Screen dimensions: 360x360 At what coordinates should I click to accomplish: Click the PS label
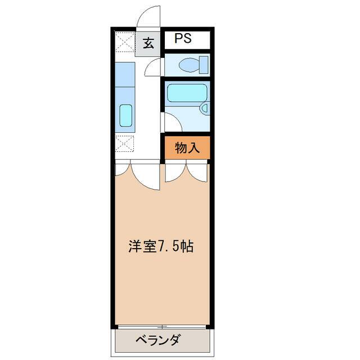click(x=183, y=38)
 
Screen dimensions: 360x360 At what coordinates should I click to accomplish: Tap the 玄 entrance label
click(x=148, y=43)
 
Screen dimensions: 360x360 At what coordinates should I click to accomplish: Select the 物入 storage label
click(x=187, y=147)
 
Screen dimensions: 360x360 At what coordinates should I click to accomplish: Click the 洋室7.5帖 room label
click(x=161, y=246)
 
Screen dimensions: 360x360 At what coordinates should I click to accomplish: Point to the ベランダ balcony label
click(x=157, y=340)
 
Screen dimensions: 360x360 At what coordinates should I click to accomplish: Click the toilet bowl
click(x=189, y=65)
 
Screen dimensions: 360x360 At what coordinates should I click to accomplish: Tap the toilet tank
click(x=204, y=65)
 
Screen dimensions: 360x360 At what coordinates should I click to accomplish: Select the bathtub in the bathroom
click(x=187, y=93)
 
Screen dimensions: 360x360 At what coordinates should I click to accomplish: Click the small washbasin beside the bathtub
click(x=204, y=108)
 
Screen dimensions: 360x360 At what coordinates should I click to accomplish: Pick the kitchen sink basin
click(x=126, y=115)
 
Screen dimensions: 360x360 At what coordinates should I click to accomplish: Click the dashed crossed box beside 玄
click(x=124, y=42)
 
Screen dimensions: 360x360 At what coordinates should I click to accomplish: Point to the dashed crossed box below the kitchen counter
click(x=124, y=143)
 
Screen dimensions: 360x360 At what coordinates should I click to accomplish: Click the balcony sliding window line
click(x=162, y=327)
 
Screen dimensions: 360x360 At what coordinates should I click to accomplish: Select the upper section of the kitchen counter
click(x=125, y=74)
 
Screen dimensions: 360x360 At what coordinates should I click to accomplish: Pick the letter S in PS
click(x=187, y=38)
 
